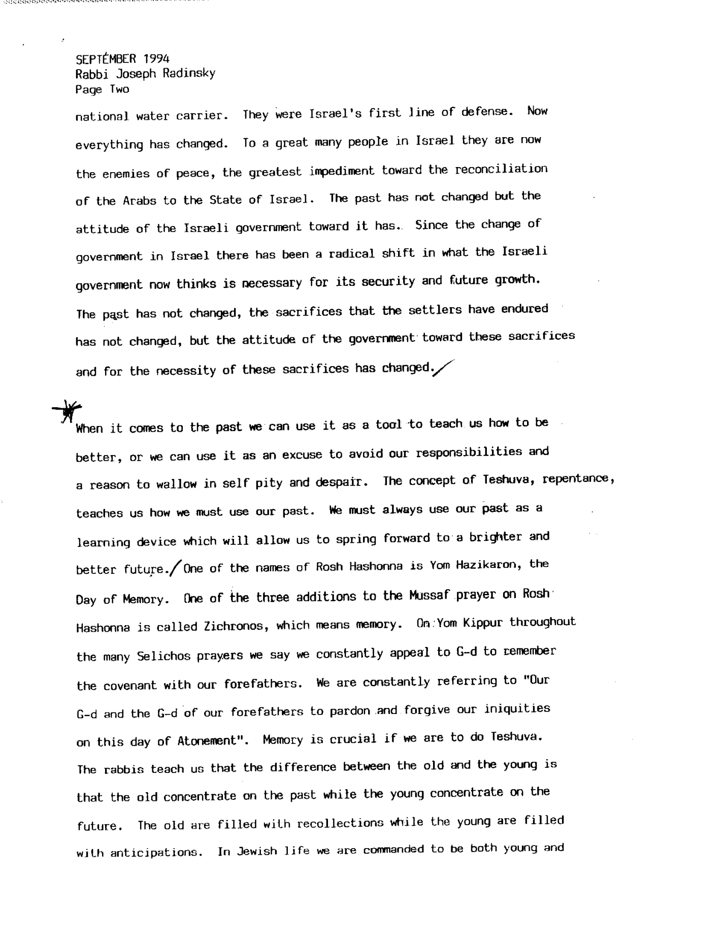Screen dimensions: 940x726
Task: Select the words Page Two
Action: (x=102, y=90)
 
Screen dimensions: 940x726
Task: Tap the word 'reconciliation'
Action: (x=501, y=169)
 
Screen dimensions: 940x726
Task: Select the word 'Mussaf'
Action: (x=431, y=595)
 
